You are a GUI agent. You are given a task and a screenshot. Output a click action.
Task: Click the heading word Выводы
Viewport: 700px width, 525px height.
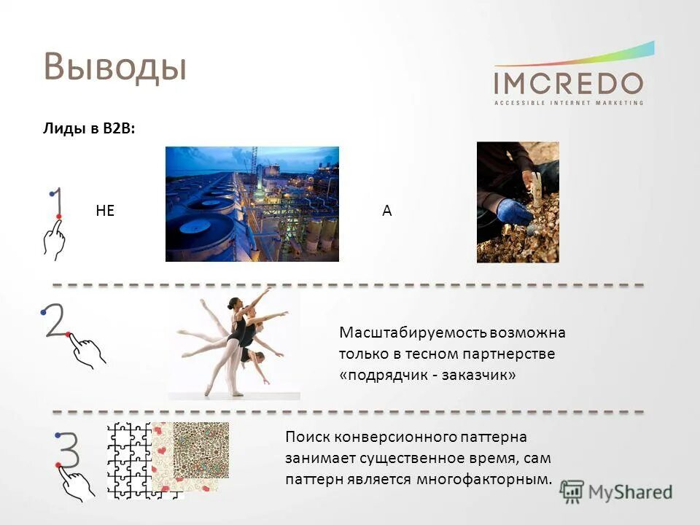[x=115, y=67]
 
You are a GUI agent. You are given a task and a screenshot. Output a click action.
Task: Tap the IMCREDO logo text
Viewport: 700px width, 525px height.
[x=568, y=82]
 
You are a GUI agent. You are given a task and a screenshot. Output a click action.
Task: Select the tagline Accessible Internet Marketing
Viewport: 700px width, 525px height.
[x=568, y=103]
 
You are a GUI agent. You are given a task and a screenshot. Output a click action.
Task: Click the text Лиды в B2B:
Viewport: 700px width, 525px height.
[x=88, y=129]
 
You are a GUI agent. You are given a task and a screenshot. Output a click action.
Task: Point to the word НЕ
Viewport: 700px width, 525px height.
[x=106, y=211]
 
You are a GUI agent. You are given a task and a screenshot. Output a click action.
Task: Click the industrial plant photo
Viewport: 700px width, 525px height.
[x=252, y=203]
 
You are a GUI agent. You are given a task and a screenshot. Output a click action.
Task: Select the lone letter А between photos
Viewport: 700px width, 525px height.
[x=387, y=211]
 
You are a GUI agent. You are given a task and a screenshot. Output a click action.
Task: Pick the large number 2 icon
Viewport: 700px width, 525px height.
[x=55, y=320]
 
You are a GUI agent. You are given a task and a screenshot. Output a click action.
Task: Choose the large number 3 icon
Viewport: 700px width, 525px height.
[x=66, y=449]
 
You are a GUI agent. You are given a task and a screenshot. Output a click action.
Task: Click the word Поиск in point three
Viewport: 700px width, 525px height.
[x=308, y=437]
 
